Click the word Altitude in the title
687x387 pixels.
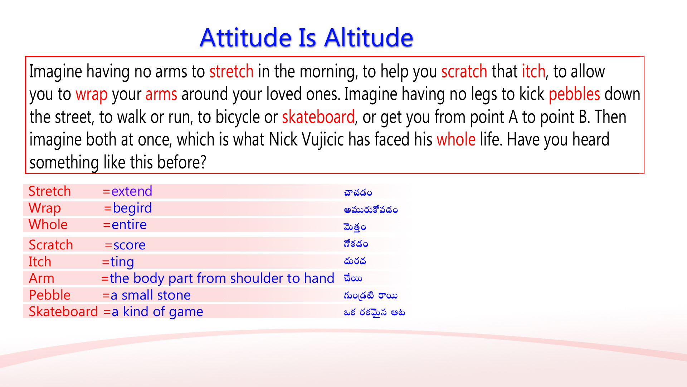[369, 38]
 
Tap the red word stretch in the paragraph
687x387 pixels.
[232, 71]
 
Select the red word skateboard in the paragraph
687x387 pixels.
[318, 117]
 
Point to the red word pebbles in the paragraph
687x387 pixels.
[574, 94]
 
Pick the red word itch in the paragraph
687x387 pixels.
[533, 71]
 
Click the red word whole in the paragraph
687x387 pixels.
[456, 139]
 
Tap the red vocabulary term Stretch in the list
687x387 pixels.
[49, 191]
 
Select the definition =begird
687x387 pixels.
[128, 208]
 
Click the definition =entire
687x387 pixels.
[125, 225]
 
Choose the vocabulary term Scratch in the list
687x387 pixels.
[51, 245]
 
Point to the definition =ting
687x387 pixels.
[118, 262]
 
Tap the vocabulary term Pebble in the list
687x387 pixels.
[49, 295]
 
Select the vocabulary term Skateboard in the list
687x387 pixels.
[63, 312]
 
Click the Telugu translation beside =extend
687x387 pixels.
[358, 193]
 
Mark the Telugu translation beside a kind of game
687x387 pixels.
[374, 313]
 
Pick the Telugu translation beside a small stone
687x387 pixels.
[370, 296]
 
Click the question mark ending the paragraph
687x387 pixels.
[203, 163]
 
